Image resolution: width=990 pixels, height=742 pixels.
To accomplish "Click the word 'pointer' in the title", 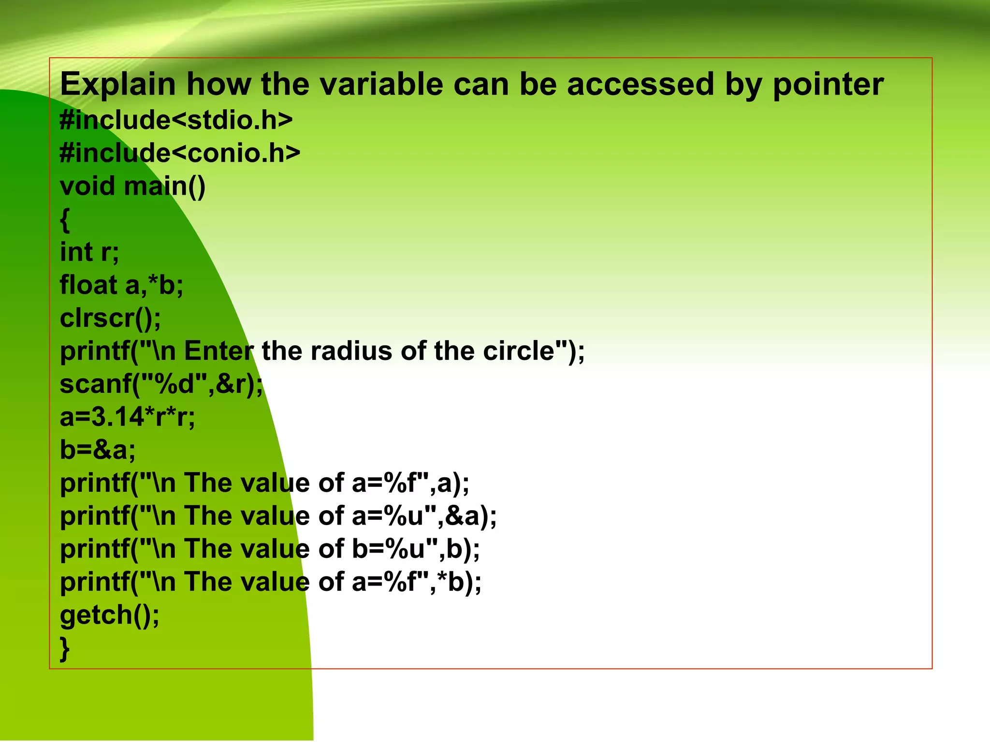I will point(828,85).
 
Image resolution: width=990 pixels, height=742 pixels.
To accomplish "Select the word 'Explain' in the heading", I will point(117,85).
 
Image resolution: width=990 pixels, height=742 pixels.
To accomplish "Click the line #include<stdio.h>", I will point(176,120).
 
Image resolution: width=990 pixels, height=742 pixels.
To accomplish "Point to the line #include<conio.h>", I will point(180,153).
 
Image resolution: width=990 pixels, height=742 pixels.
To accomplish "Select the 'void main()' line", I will point(132,186).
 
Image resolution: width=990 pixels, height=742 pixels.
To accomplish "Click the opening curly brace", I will point(65,220).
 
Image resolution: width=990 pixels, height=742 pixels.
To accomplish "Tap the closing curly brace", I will point(65,648).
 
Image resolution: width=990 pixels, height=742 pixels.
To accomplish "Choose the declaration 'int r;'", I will point(89,252).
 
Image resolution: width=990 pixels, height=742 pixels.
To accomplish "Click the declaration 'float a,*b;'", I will point(121,285).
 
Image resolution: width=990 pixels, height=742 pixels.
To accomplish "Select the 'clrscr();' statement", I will point(110,318).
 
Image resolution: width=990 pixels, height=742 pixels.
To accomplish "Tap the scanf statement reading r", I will point(161,384).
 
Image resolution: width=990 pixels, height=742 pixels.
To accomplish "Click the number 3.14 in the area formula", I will point(117,417).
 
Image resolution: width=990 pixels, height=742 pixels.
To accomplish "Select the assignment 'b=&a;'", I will point(98,450).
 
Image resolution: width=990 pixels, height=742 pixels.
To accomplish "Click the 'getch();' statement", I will point(109,615).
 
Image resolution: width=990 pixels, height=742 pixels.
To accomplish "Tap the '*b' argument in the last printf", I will point(456,582).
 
